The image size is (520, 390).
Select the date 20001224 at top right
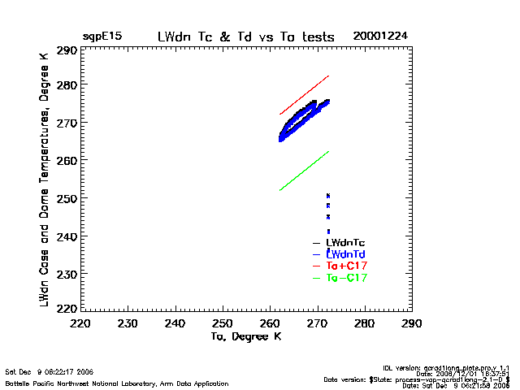(x=379, y=37)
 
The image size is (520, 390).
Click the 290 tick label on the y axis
(x=67, y=50)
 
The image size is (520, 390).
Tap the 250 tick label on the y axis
(x=67, y=198)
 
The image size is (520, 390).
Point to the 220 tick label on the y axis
(x=67, y=310)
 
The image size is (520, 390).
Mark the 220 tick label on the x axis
(x=80, y=324)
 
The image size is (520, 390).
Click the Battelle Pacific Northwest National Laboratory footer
(x=117, y=383)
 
